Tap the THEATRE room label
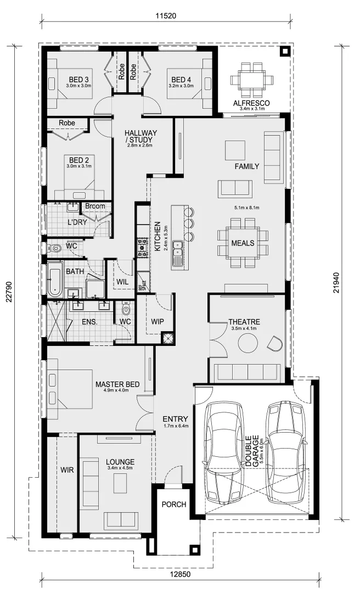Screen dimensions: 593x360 244,322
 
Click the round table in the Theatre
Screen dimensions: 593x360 248,344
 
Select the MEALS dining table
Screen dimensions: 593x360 243,243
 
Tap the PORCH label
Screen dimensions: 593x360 173,505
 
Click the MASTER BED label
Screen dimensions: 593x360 117,384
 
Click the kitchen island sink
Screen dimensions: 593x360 178,254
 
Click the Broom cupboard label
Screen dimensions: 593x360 94,206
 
